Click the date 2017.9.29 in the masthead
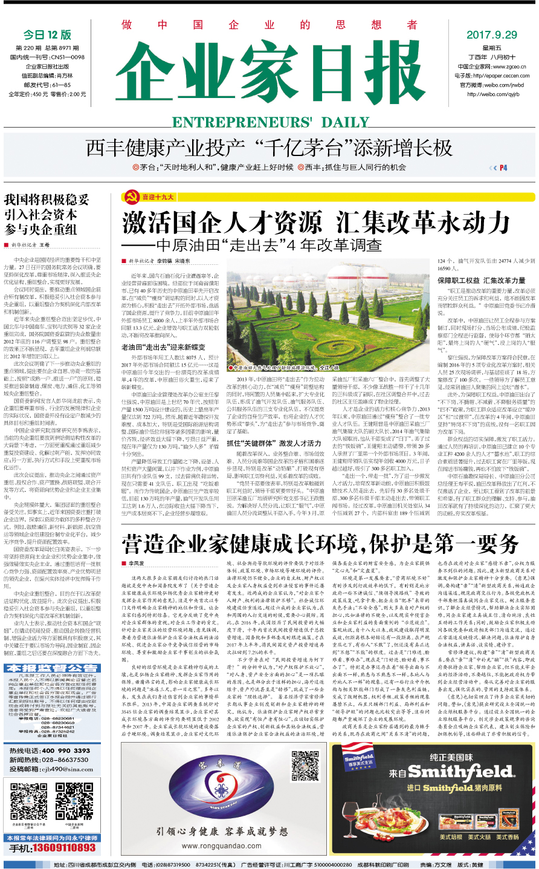tap(491, 35)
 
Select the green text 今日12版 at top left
tap(47, 35)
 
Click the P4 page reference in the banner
tap(503, 168)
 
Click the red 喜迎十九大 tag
tap(158, 197)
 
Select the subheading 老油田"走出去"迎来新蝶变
tap(163, 347)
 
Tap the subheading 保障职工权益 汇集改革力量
tap(482, 281)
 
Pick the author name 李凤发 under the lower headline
tap(136, 563)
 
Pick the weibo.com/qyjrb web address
tap(492, 94)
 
